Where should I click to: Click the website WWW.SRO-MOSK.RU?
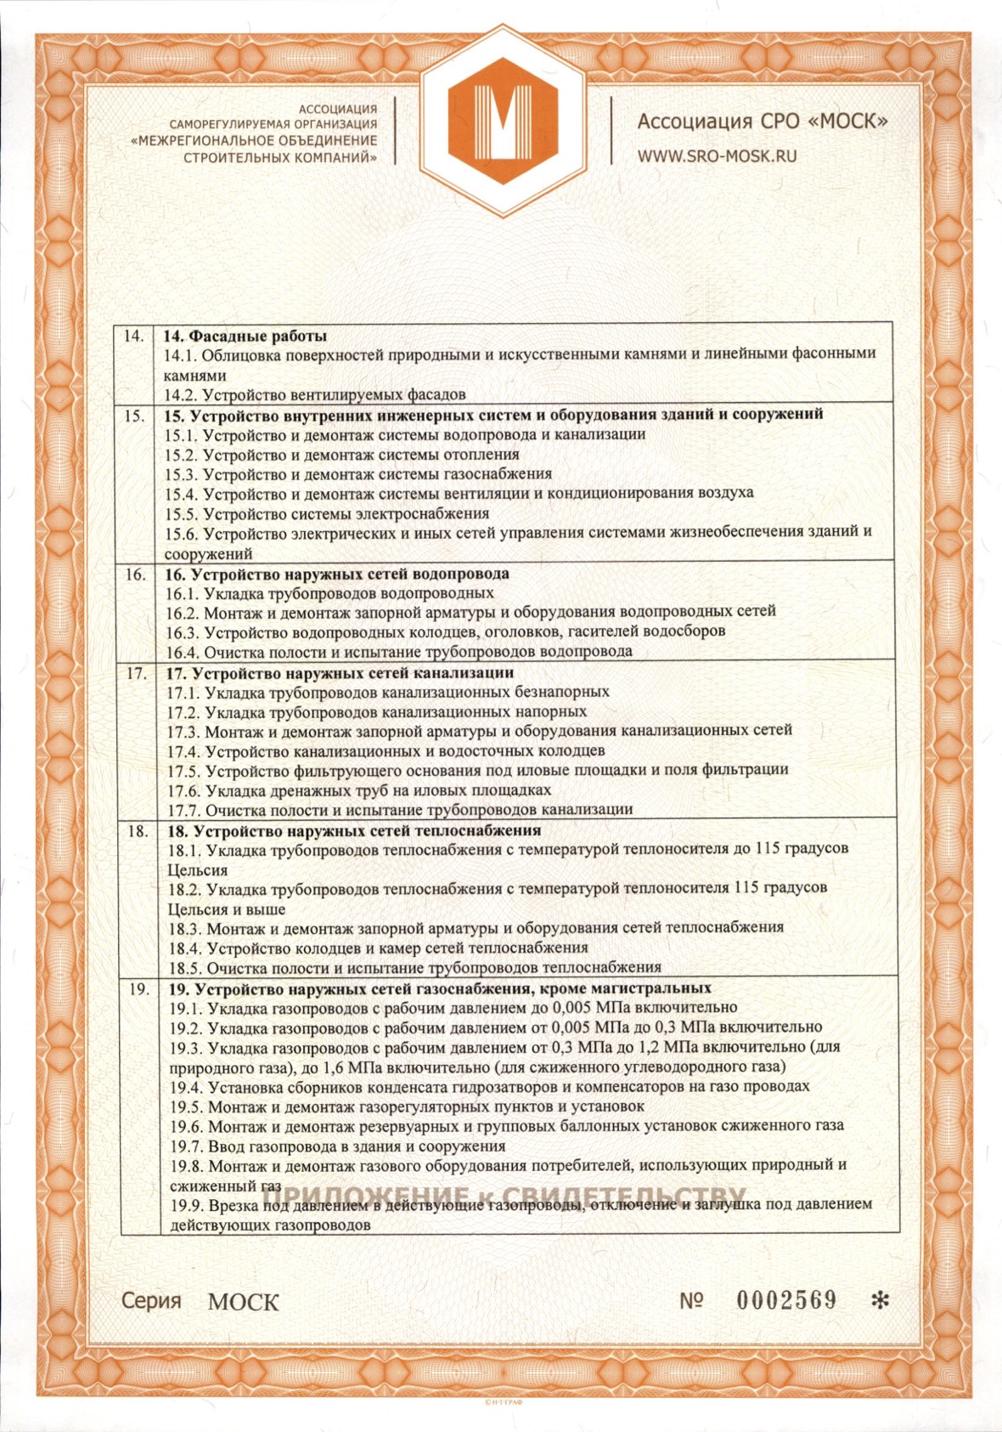coord(717,156)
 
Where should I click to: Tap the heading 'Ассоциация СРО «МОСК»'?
coord(762,122)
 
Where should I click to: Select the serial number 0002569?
coord(785,1299)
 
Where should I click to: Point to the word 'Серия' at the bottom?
coord(151,1300)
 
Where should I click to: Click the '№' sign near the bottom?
coord(691,1300)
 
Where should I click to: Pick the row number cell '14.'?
coord(134,336)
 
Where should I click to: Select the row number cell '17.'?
coord(136,673)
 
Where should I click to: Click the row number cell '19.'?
coord(139,988)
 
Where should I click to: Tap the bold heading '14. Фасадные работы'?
coord(245,336)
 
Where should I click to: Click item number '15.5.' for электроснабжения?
coord(181,513)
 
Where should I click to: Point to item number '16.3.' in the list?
coord(183,631)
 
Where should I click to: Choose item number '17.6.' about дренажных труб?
coord(183,790)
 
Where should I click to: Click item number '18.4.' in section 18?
coord(184,948)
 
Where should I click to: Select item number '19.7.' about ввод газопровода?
coord(186,1146)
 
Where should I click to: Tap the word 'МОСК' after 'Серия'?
coord(243,1301)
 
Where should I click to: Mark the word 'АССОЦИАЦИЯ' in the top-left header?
coord(337,109)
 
